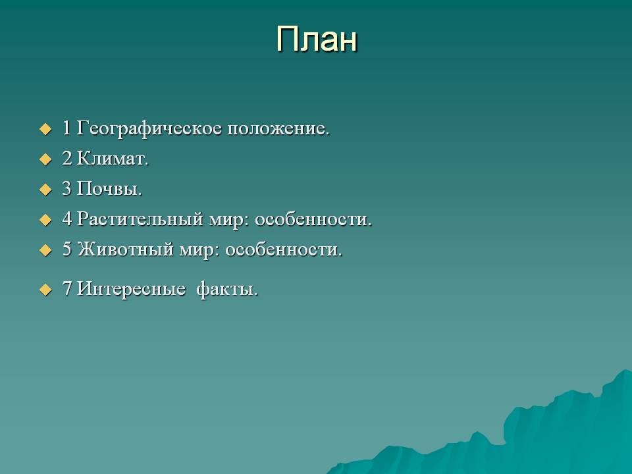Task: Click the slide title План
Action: (x=317, y=39)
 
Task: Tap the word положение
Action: (x=278, y=128)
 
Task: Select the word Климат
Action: (x=113, y=159)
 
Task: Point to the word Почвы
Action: (x=109, y=188)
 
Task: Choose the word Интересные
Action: (x=131, y=288)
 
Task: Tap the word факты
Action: (x=227, y=289)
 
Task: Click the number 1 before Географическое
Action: (x=66, y=128)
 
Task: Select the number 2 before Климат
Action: (x=67, y=159)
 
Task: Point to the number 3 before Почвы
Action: (x=67, y=188)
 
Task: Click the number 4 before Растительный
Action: (x=67, y=219)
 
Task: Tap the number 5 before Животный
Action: (x=67, y=249)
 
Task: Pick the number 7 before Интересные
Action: (x=67, y=288)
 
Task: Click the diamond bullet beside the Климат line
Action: (x=45, y=159)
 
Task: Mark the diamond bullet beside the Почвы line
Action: (x=45, y=190)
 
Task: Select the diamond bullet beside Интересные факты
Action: (x=45, y=290)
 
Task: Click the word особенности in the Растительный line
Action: (x=313, y=219)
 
